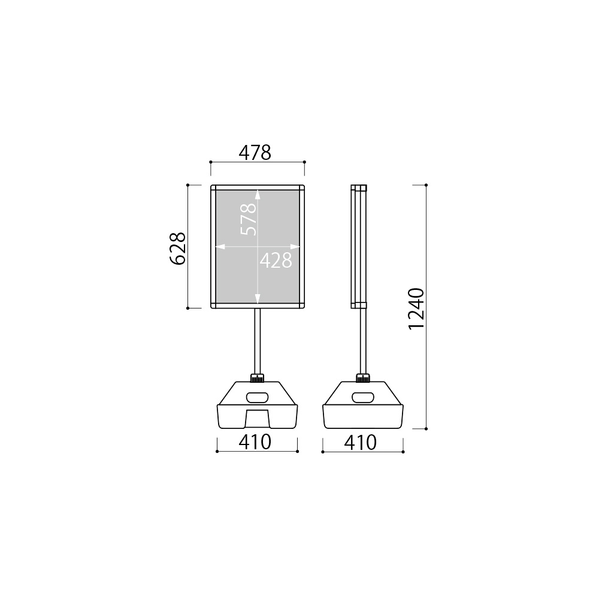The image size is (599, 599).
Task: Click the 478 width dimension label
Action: coord(255,153)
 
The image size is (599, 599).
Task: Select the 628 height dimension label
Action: coord(178,249)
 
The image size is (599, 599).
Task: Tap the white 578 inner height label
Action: coord(249,219)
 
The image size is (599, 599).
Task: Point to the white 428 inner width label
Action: coord(276,261)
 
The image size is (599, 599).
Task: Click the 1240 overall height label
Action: coord(416,308)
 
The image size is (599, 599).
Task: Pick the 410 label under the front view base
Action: coord(255,443)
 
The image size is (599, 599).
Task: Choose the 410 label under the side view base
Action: coord(360,443)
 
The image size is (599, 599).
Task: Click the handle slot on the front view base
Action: coord(258,397)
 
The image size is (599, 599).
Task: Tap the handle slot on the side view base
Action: coord(363,397)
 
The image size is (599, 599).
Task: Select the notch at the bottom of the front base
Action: coord(258,419)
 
